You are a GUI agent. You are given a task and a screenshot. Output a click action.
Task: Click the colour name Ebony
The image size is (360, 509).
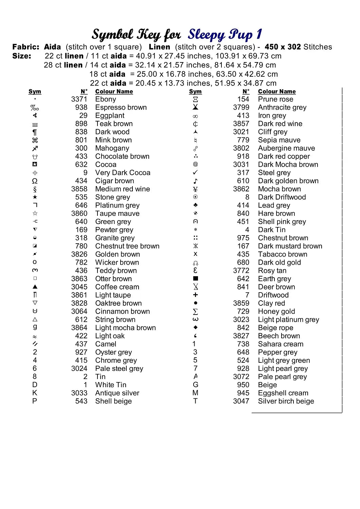[x=106, y=99]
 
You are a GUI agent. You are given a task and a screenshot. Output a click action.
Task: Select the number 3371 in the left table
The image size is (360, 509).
[x=79, y=99]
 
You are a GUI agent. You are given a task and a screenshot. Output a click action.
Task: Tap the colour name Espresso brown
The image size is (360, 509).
[x=121, y=108]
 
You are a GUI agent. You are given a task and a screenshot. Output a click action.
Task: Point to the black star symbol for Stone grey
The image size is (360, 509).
[x=35, y=197]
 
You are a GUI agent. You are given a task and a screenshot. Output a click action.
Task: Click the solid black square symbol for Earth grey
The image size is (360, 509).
[x=196, y=279]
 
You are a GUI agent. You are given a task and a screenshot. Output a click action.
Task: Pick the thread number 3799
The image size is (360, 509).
[x=241, y=108]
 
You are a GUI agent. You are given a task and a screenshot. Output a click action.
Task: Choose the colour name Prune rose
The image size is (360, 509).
[x=275, y=99]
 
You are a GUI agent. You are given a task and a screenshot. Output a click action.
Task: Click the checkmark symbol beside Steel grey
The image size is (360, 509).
[x=195, y=172]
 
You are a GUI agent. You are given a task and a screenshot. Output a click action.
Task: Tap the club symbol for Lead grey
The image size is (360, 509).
[x=195, y=205]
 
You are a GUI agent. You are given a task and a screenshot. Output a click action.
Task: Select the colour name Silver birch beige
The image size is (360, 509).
[x=286, y=401]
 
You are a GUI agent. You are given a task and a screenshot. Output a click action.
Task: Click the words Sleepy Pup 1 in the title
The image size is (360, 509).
[x=225, y=34]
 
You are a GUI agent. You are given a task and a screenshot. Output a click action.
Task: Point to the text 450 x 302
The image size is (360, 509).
[x=283, y=47]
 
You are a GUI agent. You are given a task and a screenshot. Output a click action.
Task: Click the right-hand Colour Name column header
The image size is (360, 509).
[x=277, y=92]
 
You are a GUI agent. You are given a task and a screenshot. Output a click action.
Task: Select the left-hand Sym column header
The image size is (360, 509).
[x=35, y=92]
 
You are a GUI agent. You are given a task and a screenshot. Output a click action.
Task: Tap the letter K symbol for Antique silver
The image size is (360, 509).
[x=35, y=393]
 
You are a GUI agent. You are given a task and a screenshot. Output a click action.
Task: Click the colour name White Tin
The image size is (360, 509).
[x=111, y=385]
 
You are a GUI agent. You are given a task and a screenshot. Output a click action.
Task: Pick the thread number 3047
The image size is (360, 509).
[x=241, y=401]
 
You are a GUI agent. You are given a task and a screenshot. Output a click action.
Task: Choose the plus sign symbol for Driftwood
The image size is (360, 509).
[x=195, y=295]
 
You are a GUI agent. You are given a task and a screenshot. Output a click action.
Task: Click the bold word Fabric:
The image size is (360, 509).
[x=26, y=47]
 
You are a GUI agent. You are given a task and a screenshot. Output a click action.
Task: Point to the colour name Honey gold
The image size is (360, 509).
[x=276, y=312]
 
